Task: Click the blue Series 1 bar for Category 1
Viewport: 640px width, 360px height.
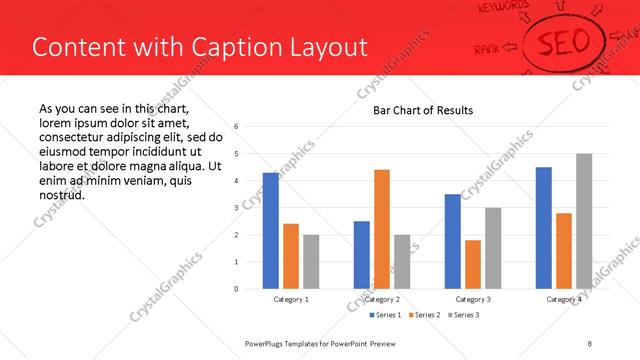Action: [x=271, y=231]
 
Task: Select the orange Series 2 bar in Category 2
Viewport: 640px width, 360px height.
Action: [x=382, y=229]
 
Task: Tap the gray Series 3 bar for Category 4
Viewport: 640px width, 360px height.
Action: [x=584, y=221]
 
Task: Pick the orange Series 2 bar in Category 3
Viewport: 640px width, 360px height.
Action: [x=473, y=264]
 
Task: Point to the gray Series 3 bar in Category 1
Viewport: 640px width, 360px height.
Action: [x=311, y=262]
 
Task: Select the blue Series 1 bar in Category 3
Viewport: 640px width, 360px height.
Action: [x=453, y=241]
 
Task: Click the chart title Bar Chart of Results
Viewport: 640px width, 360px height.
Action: [x=423, y=110]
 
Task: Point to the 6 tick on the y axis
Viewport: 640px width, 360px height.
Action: [x=235, y=127]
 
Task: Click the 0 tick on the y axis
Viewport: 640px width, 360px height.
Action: [x=235, y=289]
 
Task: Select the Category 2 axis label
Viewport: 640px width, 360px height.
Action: [x=382, y=299]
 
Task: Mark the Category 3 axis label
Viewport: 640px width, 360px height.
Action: [x=473, y=299]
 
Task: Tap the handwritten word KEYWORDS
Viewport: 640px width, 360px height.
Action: [x=503, y=8]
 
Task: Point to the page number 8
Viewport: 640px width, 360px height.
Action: [x=590, y=343]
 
